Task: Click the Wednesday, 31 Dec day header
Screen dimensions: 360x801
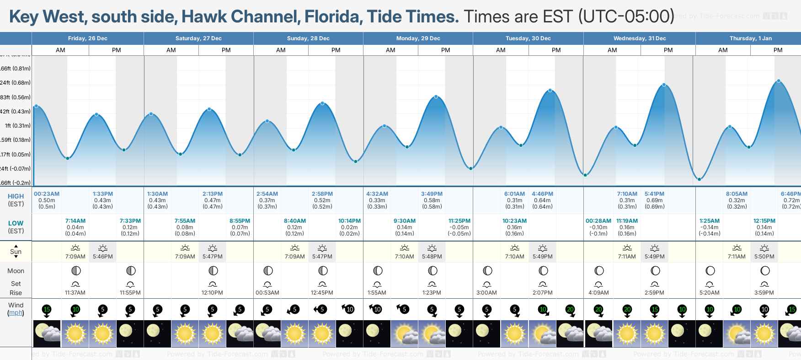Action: (x=639, y=38)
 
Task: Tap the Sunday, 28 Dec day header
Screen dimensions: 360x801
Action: (x=308, y=38)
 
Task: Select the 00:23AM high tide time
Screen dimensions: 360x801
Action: (x=47, y=194)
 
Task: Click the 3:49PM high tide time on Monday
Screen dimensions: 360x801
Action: (x=432, y=194)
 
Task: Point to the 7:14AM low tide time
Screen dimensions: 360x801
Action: (x=75, y=221)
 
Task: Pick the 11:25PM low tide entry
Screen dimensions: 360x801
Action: (x=459, y=221)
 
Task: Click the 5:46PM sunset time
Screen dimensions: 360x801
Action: (x=103, y=257)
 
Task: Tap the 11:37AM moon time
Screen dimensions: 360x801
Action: (x=75, y=293)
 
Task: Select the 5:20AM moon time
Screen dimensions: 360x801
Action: (x=709, y=293)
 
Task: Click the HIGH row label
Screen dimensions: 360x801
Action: (x=16, y=196)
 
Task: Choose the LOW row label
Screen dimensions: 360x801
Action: (x=16, y=223)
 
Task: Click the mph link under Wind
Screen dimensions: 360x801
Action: (x=16, y=313)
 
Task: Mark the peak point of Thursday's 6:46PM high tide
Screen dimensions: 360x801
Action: (x=779, y=81)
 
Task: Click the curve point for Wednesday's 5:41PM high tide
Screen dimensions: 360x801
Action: (x=664, y=85)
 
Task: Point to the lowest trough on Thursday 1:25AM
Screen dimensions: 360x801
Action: (x=699, y=179)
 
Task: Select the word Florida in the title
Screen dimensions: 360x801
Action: (x=333, y=17)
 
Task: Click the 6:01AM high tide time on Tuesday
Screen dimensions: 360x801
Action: (x=514, y=194)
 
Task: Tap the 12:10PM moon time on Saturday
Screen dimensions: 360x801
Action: (x=212, y=293)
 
